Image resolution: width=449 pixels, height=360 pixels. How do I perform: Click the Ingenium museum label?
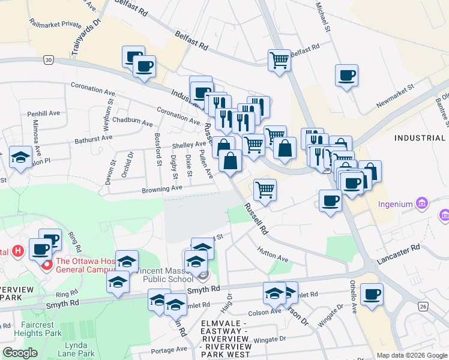point(395,204)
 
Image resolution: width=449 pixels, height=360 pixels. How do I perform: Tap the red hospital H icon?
point(18,250)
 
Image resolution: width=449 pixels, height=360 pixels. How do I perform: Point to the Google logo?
point(20,353)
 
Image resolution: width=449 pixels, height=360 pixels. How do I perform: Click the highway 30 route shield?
point(49,60)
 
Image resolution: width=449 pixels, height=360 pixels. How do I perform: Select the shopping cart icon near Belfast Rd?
point(279,59)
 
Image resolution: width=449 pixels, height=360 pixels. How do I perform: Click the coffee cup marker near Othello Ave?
point(372,294)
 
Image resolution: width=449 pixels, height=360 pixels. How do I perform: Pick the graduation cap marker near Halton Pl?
point(21,158)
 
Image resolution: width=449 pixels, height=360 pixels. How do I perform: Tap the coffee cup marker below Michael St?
point(346,75)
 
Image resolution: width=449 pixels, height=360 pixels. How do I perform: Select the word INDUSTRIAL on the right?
point(420,138)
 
